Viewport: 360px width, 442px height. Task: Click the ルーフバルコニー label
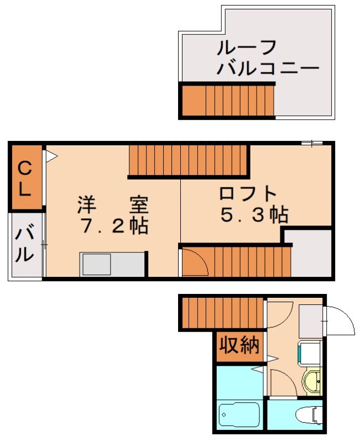(x=268, y=57)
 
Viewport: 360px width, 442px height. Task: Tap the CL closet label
(x=25, y=178)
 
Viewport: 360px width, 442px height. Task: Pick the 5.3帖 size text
(x=254, y=214)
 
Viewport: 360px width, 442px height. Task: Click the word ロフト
(x=247, y=194)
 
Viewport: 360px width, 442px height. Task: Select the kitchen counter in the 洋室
(x=113, y=264)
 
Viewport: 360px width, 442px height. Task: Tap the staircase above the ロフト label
(x=188, y=160)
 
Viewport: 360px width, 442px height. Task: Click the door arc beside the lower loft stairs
(x=194, y=262)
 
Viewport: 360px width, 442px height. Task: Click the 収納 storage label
(x=239, y=345)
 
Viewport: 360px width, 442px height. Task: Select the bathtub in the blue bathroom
(x=239, y=414)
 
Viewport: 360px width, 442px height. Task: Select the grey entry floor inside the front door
(x=310, y=320)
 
